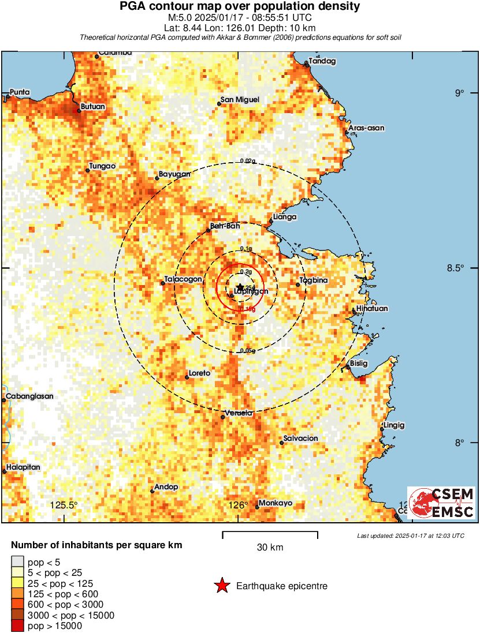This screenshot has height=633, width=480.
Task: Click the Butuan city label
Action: [92, 107]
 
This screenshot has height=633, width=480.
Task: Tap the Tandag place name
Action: [322, 61]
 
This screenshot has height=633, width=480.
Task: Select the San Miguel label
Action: [241, 100]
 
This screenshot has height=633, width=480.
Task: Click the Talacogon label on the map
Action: [183, 279]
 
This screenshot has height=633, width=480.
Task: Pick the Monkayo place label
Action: [275, 503]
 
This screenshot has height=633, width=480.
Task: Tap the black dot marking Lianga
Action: [271, 220]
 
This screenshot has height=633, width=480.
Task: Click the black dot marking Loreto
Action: [187, 377]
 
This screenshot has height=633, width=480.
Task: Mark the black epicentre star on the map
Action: [240, 287]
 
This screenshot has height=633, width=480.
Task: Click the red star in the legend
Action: [221, 586]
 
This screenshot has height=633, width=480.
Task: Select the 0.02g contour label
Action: [247, 161]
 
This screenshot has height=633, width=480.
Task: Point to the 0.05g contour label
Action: [247, 350]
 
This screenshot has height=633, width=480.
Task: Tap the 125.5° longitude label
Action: [64, 505]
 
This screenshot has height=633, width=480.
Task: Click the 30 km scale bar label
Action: [270, 547]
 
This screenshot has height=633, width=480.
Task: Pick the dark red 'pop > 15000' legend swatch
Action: [17, 626]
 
